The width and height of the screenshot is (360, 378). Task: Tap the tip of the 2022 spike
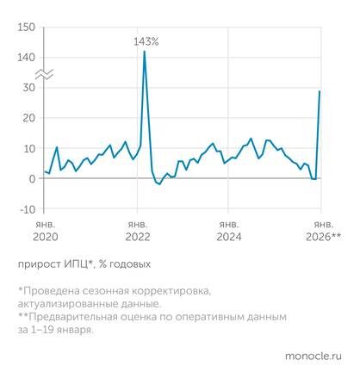144,52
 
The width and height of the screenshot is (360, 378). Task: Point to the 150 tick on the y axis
26,28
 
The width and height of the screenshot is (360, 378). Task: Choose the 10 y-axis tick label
29,148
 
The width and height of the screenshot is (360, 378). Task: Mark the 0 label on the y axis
32,178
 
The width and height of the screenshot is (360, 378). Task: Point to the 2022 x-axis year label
138,236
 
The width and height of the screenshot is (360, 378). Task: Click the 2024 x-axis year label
228,236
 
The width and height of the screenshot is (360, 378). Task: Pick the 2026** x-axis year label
324,236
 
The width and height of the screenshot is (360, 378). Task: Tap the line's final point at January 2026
320,91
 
